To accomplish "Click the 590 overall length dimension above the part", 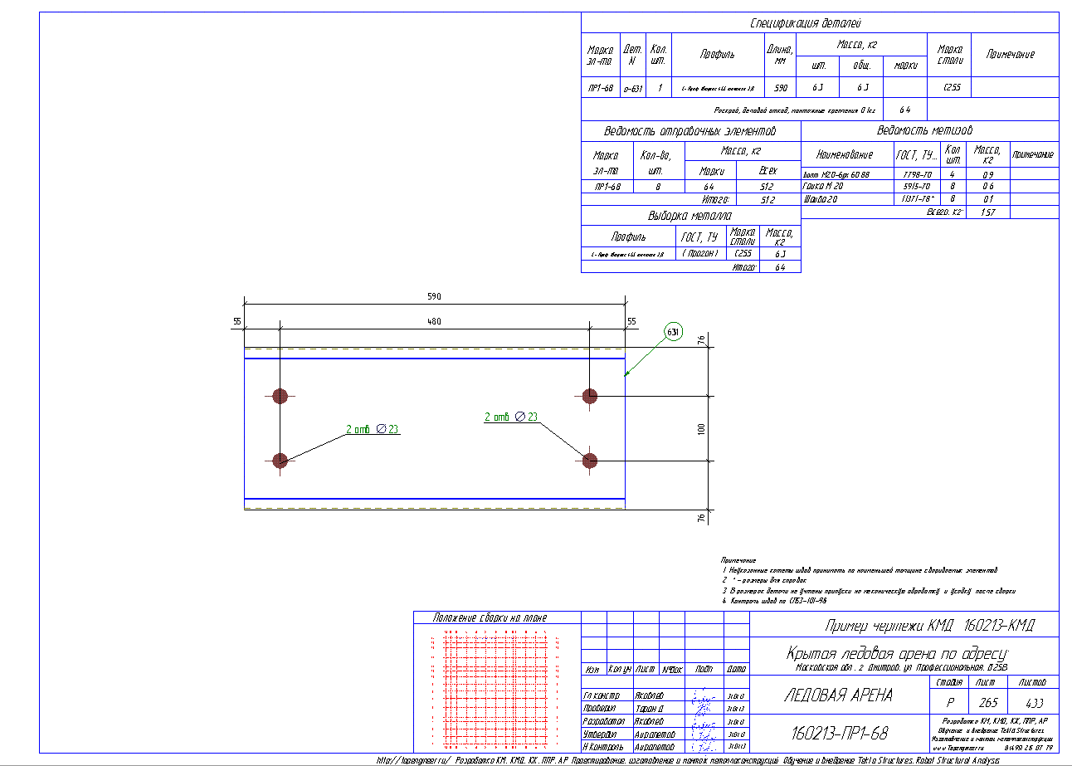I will pos(434,297).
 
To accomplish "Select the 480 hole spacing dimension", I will pos(434,321).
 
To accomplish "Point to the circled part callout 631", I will pos(673,332).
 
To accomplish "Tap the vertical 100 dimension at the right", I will pos(701,428).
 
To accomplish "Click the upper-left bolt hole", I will pos(280,396).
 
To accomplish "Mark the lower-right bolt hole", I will pos(590,460).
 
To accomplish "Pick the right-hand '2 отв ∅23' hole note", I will pos(511,417).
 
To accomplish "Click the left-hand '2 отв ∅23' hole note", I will pos(373,429).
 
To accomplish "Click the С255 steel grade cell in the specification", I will pos(947,87).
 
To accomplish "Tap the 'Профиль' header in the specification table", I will pos(717,54).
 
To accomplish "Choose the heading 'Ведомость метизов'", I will pos(924,130).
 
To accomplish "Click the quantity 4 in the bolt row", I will pos(953,175).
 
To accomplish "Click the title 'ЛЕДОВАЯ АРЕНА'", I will pos(838,695).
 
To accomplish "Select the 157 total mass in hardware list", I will pos(987,212).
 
